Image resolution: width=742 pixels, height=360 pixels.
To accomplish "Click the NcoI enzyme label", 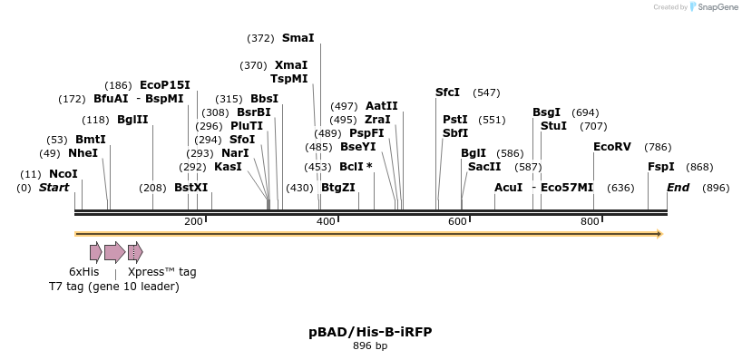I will pyautogui.click(x=63, y=174).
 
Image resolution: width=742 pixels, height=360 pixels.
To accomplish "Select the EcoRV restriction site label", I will pyautogui.click(x=612, y=147).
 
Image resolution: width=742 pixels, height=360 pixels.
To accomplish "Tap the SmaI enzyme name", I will pyautogui.click(x=298, y=38).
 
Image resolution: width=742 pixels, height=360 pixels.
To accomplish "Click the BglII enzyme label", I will pyautogui.click(x=132, y=120).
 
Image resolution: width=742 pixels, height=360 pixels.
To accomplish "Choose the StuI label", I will pyautogui.click(x=553, y=126).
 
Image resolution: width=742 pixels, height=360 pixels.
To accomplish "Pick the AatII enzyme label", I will pyautogui.click(x=382, y=106).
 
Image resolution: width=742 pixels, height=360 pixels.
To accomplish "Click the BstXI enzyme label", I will pyautogui.click(x=191, y=188).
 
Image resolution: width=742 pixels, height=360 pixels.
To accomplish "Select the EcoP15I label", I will pyautogui.click(x=165, y=84).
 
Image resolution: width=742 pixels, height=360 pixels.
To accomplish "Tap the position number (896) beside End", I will pyautogui.click(x=716, y=188).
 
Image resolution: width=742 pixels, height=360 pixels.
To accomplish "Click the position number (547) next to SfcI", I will pyautogui.click(x=487, y=92).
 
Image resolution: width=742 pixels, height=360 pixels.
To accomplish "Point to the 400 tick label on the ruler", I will pyautogui.click(x=327, y=222).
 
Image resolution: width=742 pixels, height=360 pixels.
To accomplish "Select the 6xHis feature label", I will pyautogui.click(x=84, y=271).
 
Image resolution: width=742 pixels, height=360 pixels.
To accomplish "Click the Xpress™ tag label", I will pyautogui.click(x=161, y=271).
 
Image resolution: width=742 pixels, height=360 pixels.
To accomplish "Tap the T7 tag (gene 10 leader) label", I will pyautogui.click(x=114, y=287).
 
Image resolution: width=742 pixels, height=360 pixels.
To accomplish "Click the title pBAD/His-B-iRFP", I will pyautogui.click(x=370, y=332).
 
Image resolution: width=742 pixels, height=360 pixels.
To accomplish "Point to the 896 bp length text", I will pyautogui.click(x=370, y=345).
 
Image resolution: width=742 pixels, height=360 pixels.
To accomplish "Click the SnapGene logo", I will pyautogui.click(x=713, y=7).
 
